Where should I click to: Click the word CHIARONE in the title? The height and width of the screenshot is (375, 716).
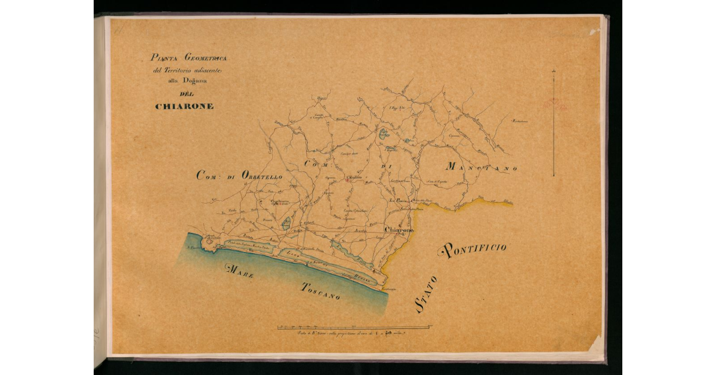click(184, 106)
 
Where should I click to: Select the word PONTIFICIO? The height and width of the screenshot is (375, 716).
click(474, 250)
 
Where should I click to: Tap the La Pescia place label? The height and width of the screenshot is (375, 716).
click(398, 201)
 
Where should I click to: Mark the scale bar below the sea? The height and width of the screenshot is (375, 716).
click(354, 327)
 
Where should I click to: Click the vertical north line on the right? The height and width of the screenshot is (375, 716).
click(554, 122)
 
